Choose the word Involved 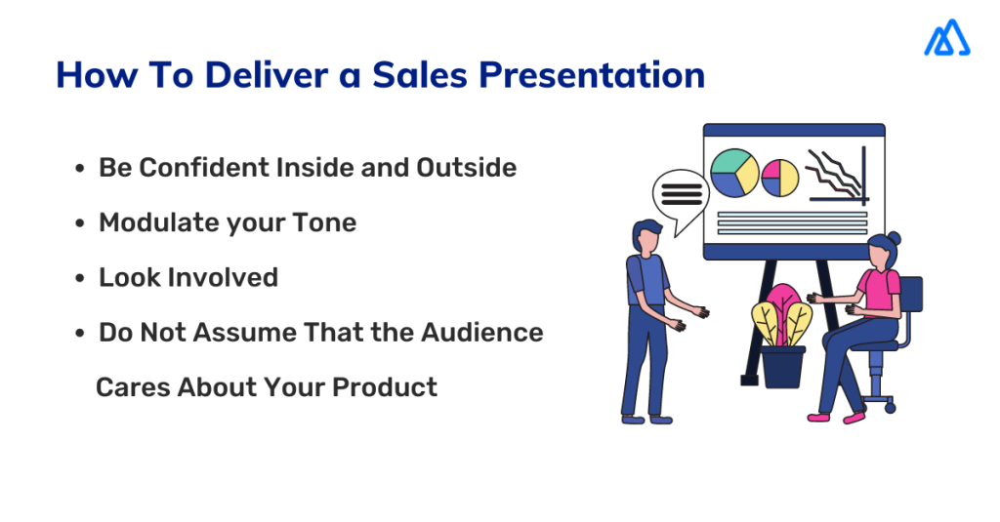pos(223,277)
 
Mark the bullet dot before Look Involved pos(80,279)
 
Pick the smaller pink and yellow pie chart pos(780,177)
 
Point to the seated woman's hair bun pos(894,239)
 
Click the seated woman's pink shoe pos(853,417)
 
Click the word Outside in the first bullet pos(466,168)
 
